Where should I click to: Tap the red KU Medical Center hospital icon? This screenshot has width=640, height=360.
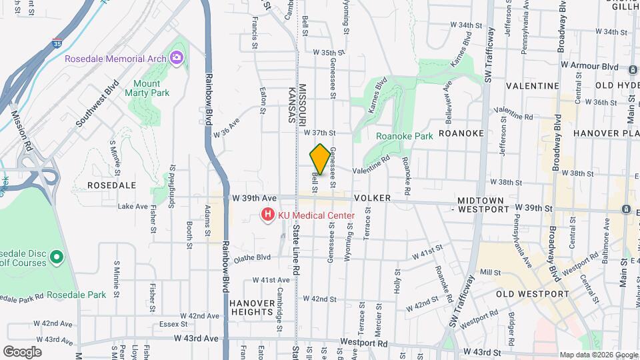267,215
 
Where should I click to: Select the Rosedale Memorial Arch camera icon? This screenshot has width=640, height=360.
177,58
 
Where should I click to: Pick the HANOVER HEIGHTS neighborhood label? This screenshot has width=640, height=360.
251,307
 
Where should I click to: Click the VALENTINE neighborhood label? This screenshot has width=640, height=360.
532,86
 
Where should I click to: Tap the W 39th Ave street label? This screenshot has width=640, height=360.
254,198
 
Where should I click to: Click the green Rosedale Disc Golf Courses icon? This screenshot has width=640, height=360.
56,256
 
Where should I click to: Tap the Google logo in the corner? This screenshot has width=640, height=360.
22,351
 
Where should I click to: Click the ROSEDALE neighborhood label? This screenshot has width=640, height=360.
112,185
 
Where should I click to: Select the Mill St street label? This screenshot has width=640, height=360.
490,272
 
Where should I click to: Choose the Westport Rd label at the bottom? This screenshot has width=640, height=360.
363,343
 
